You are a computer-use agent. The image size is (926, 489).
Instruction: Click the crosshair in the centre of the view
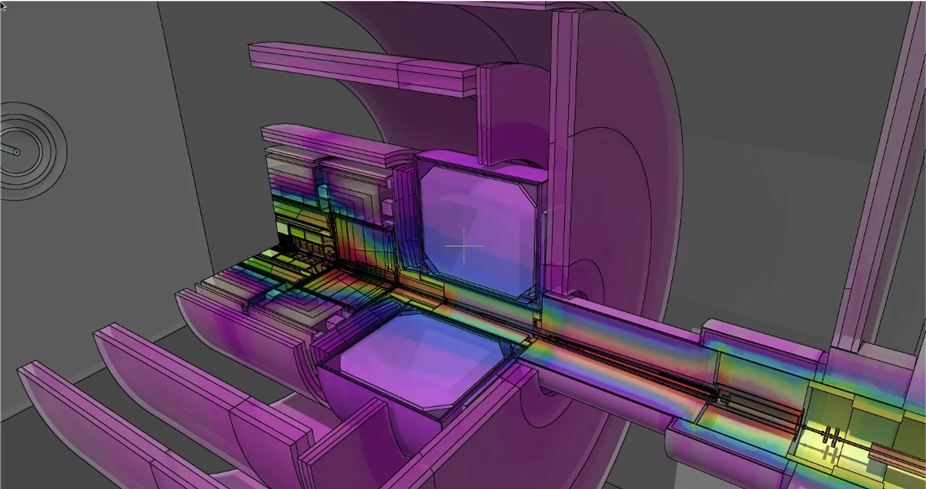[x=464, y=246]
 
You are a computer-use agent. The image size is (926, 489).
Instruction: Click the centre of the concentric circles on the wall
[x=18, y=152]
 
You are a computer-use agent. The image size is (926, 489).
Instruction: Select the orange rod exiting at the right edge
[x=899, y=456]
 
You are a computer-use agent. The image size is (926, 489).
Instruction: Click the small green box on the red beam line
[x=725, y=399]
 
